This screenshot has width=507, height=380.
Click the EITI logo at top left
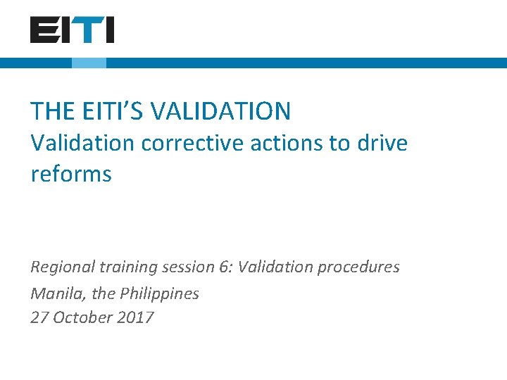point(72,30)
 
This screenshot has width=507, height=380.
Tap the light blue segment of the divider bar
point(89,63)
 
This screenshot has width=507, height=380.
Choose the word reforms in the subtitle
point(71,174)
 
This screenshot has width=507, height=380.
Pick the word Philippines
point(160,293)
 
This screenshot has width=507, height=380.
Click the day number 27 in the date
point(39,317)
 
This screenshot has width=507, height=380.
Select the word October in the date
point(82,317)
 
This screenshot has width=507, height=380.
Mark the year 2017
point(136,317)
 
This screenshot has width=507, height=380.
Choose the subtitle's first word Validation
point(82,144)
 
